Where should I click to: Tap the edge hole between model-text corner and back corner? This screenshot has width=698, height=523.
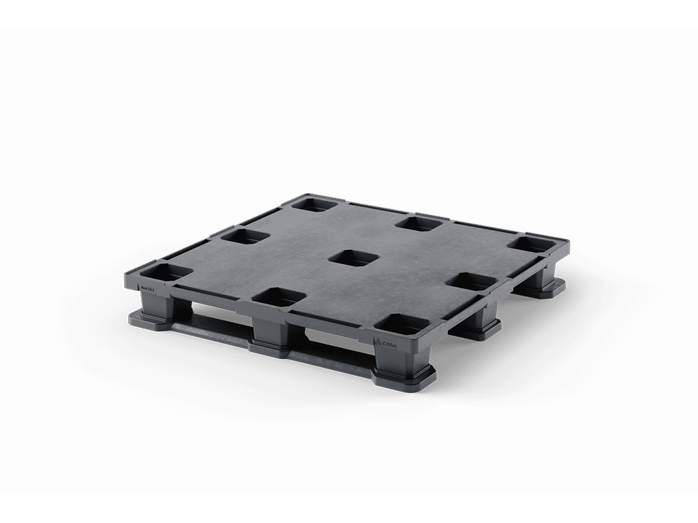coord(243,236)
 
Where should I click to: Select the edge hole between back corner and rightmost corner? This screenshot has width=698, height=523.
coord(421,222)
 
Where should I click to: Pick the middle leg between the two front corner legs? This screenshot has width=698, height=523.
coord(271,331)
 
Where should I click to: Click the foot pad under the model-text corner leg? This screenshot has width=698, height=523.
coord(147,319)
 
